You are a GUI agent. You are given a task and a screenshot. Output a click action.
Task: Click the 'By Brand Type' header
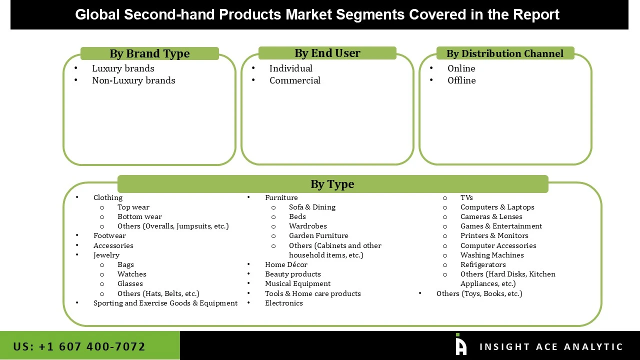pyautogui.click(x=149, y=53)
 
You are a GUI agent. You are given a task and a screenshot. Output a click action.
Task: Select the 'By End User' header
pyautogui.click(x=327, y=53)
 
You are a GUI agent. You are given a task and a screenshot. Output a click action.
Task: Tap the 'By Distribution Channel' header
pyautogui.click(x=504, y=53)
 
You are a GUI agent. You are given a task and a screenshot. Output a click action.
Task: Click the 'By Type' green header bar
pyautogui.click(x=332, y=184)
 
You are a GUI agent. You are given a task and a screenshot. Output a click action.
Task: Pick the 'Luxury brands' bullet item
pyautogui.click(x=123, y=68)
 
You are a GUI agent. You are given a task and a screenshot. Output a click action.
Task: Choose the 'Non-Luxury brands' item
pyautogui.click(x=133, y=80)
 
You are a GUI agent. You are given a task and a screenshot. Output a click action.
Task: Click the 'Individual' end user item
pyautogui.click(x=290, y=68)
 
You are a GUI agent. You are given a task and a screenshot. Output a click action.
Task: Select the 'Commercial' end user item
pyautogui.click(x=294, y=80)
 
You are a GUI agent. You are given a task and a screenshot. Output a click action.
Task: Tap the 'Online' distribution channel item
pyautogui.click(x=461, y=68)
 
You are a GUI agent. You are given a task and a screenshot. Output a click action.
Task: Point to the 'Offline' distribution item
pyautogui.click(x=461, y=80)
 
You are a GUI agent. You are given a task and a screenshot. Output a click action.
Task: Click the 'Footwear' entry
pyautogui.click(x=109, y=235)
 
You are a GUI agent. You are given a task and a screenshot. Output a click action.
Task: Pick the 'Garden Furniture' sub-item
pyautogui.click(x=318, y=235)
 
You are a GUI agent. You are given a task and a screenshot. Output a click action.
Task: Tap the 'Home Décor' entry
pyautogui.click(x=286, y=264)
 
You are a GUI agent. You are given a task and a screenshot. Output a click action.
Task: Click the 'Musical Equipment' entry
pyautogui.click(x=297, y=283)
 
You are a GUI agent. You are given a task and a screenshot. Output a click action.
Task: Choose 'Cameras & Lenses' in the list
pyautogui.click(x=491, y=216)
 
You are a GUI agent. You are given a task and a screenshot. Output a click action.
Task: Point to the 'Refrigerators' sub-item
pyautogui.click(x=483, y=264)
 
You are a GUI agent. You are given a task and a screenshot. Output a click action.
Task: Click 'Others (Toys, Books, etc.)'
pyautogui.click(x=479, y=293)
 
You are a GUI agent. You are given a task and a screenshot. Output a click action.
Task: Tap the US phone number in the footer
pyautogui.click(x=79, y=346)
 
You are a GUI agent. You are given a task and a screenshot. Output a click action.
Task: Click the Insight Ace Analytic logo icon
pyautogui.click(x=461, y=345)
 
